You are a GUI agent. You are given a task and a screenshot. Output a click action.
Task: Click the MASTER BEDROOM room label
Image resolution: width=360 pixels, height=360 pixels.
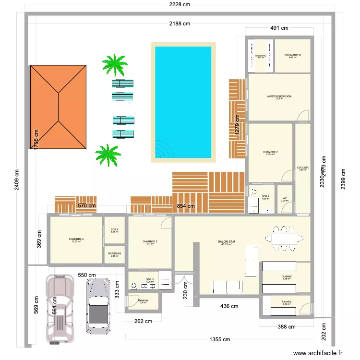tap(279, 96)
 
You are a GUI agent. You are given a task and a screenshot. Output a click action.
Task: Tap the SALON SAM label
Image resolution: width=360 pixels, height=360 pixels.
tap(226, 242)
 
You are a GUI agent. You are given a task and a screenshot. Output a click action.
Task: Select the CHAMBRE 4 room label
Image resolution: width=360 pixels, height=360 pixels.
tap(76, 239)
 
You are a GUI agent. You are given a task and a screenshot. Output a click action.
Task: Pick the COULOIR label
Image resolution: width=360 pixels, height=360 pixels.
tap(302, 168)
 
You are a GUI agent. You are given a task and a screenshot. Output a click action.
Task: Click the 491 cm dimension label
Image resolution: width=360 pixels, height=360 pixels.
tap(279, 28)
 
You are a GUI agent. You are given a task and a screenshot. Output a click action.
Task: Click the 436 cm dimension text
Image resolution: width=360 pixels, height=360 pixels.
tap(229, 306)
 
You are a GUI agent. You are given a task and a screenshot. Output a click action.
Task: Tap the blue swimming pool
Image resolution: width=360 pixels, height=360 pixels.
tap(182, 102)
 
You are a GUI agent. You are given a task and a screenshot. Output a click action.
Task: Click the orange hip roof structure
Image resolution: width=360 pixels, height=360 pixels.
tap(59, 107)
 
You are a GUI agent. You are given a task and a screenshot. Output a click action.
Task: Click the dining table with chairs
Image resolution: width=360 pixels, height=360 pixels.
tap(287, 238)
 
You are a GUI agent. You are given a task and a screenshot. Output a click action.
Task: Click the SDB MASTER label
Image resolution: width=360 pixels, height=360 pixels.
tap(292, 55)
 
